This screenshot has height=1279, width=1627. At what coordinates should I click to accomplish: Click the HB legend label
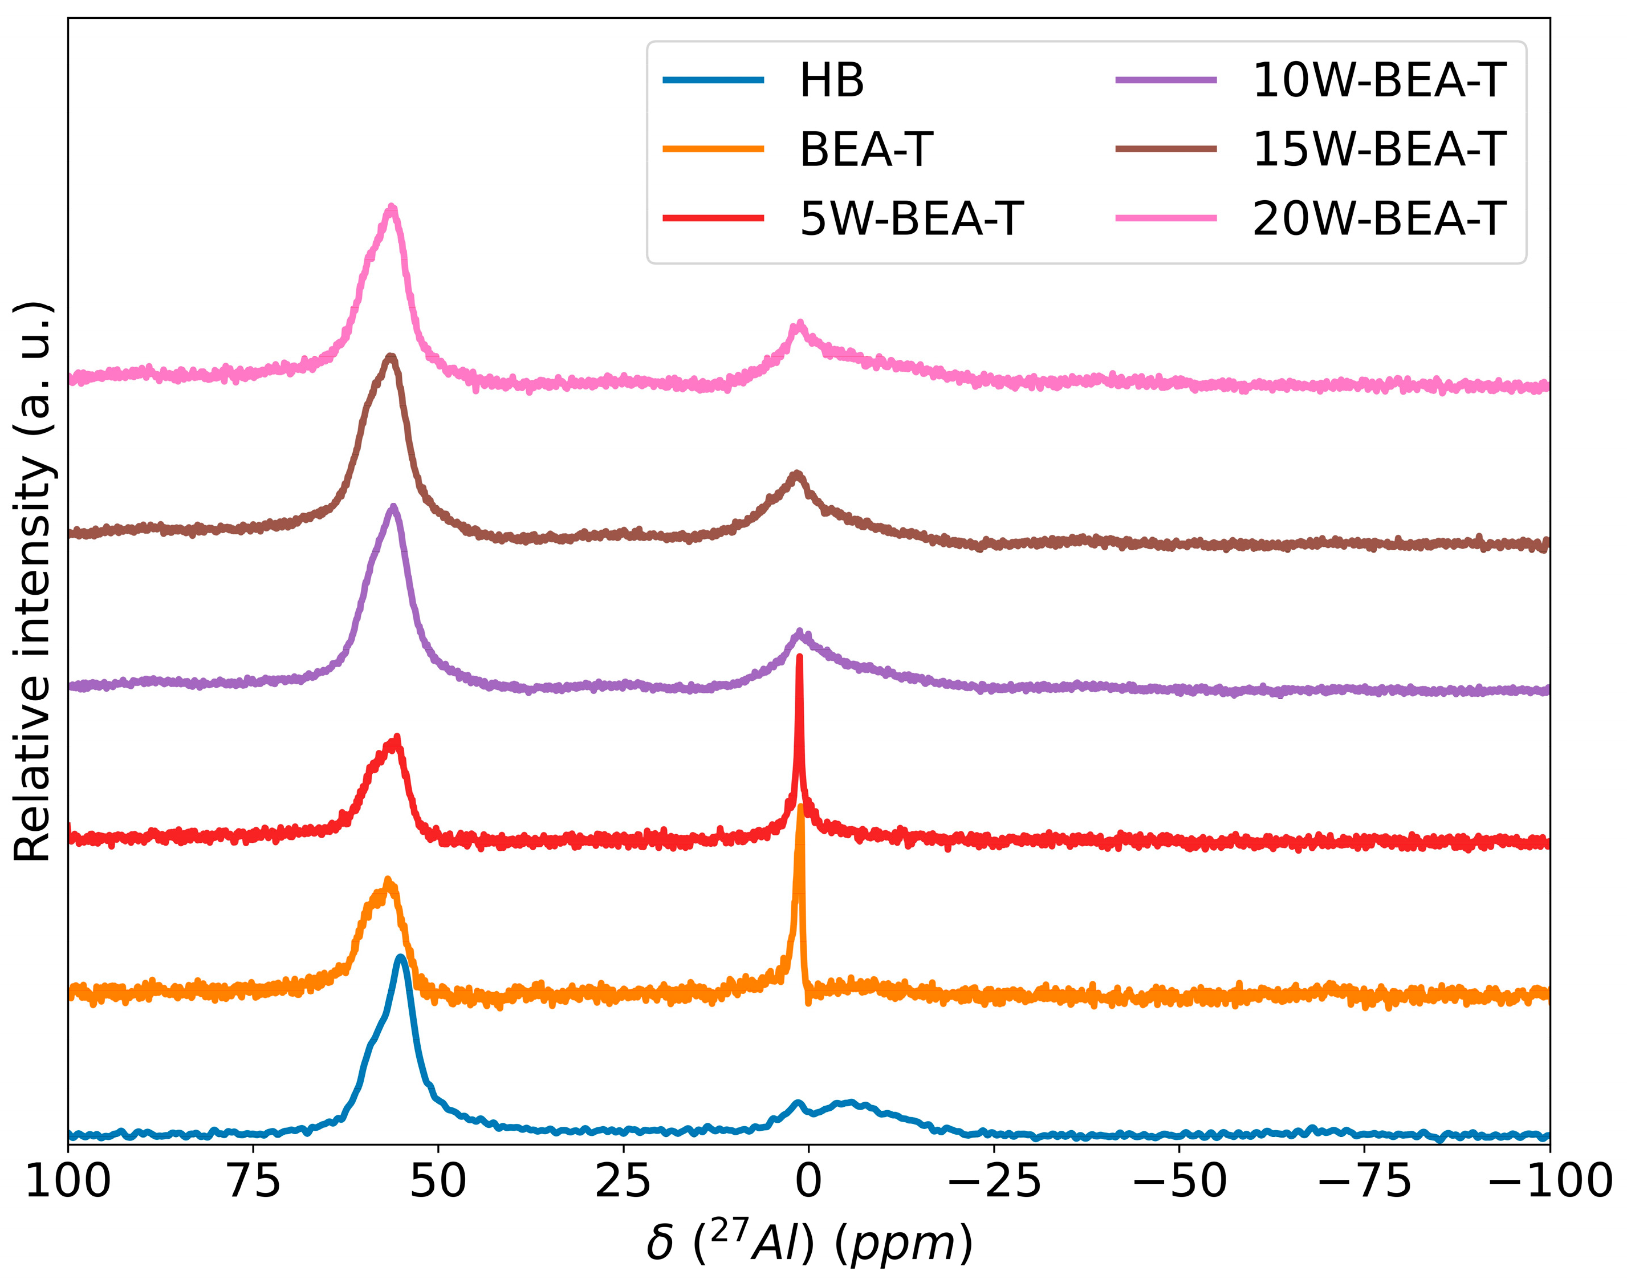pos(831,81)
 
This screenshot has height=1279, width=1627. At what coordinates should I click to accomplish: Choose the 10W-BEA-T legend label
pos(1378,81)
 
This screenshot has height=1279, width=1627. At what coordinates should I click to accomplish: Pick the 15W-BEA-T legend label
pos(1378,150)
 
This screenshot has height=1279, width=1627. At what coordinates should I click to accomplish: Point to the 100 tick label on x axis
pos(68,1181)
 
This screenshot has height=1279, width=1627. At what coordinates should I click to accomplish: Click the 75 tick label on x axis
pos(253,1181)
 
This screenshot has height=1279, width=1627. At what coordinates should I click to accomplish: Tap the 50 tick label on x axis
pos(438,1181)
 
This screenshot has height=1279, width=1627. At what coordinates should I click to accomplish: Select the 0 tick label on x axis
pos(808,1181)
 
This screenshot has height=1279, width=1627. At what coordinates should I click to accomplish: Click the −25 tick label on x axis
pos(994,1181)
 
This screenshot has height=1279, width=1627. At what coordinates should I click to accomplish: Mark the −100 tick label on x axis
pos(1549,1181)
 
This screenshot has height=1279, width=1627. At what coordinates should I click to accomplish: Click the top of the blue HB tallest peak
pos(401,958)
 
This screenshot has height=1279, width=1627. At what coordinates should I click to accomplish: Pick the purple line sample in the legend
pos(1165,81)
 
